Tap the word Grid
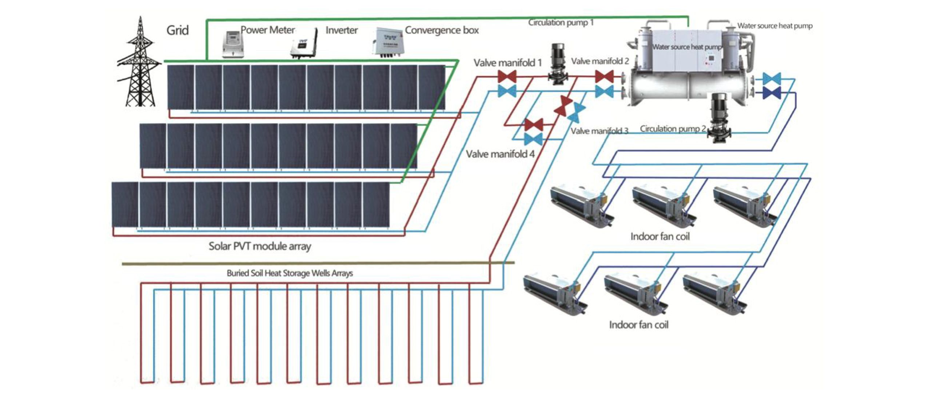(178, 30)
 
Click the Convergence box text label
(442, 30)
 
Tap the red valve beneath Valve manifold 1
(507, 77)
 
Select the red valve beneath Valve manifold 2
(604, 77)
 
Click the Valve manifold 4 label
(500, 154)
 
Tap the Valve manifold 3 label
(599, 131)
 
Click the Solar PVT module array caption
(260, 246)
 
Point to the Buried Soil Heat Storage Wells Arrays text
(290, 273)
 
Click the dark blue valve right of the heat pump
(772, 93)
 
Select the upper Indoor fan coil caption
(660, 237)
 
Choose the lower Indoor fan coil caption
(639, 325)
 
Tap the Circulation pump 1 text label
(561, 23)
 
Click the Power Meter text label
(268, 30)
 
